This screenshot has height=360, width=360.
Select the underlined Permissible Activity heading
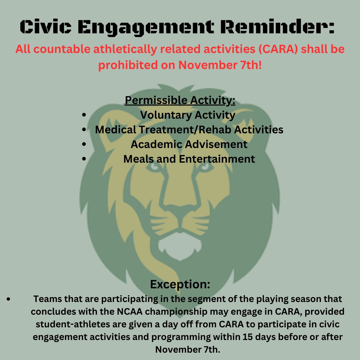[x=180, y=100]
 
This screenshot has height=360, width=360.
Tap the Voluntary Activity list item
[x=188, y=115]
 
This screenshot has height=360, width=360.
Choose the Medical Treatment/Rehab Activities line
[x=189, y=129]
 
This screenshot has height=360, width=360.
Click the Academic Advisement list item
[x=189, y=144]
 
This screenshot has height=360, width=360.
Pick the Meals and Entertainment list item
[x=189, y=159]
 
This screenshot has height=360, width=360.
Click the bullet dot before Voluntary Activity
[x=84, y=115]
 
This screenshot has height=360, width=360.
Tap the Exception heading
[x=180, y=284]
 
